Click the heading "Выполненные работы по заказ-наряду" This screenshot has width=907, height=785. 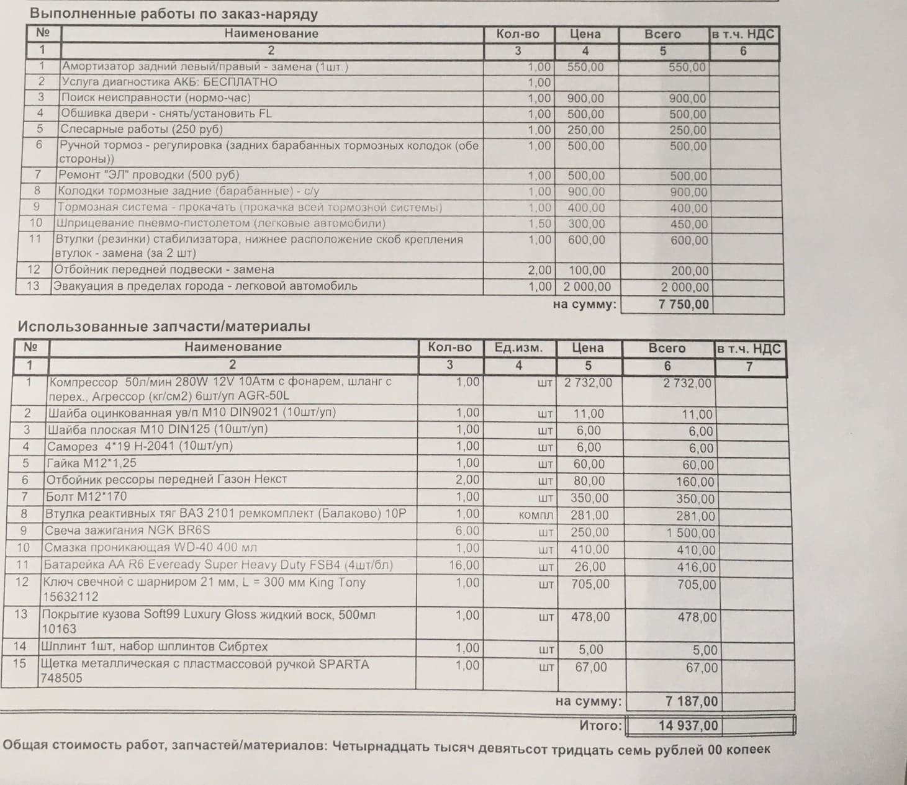pyautogui.click(x=174, y=13)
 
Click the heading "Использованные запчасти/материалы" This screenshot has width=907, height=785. pyautogui.click(x=164, y=326)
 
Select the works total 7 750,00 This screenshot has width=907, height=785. pyautogui.click(x=683, y=304)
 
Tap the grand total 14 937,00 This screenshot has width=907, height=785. pyautogui.click(x=688, y=725)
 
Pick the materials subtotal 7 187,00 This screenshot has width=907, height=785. pyautogui.click(x=691, y=701)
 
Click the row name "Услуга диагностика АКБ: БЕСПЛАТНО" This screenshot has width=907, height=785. pyautogui.click(x=169, y=82)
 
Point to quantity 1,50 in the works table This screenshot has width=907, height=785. pyautogui.click(x=539, y=223)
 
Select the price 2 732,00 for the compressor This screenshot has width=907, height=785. pyautogui.click(x=587, y=383)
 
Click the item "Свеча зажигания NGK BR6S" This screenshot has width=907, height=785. pyautogui.click(x=127, y=531)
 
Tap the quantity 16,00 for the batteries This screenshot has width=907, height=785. pyautogui.click(x=464, y=565)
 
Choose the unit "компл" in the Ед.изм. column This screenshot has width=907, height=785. pyautogui.click(x=535, y=516)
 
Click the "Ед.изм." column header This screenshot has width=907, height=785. pyautogui.click(x=518, y=348)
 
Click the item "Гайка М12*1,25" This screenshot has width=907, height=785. pyautogui.click(x=91, y=463)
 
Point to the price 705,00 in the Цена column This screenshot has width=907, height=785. pyautogui.click(x=590, y=584)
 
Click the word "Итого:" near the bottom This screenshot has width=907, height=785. pyautogui.click(x=600, y=725)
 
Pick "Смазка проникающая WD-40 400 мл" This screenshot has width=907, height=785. pyautogui.click(x=150, y=548)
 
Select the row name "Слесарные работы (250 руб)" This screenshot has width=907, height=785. pyautogui.click(x=141, y=129)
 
